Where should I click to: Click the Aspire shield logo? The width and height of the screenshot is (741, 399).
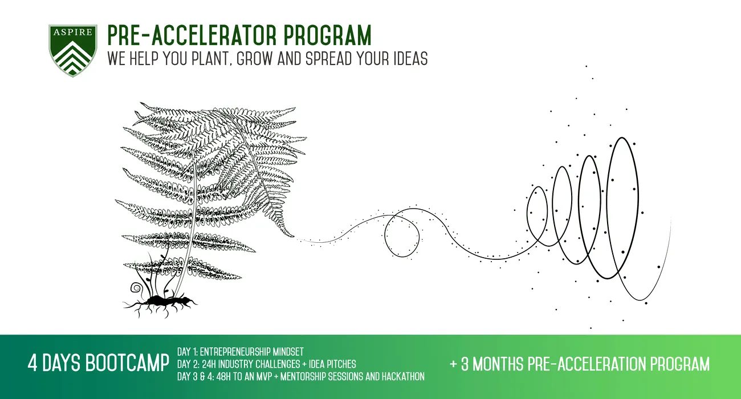73,51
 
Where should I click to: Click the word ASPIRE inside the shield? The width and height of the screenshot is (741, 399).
73,32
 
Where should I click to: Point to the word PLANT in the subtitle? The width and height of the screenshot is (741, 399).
211,59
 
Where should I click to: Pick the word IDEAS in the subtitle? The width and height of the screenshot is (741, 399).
410,59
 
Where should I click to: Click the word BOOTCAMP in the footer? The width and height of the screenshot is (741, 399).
127,363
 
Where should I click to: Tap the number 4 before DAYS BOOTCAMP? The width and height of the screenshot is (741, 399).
32,363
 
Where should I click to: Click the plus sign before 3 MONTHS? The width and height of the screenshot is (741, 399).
453,364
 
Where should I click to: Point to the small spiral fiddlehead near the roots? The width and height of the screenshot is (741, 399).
136,288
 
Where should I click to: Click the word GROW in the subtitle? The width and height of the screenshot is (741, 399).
255,59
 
